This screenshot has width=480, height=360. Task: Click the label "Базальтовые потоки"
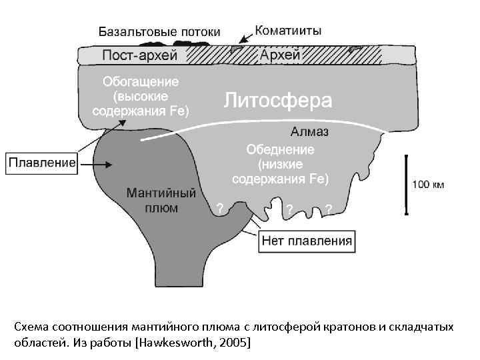pos(159,31)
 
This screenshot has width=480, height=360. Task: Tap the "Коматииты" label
pos(288,31)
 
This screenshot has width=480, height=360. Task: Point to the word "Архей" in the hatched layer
pos(280,55)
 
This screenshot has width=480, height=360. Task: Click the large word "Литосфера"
pos(277,101)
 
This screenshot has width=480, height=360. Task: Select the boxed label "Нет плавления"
pos(307,240)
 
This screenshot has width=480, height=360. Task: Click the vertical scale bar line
pos(406,185)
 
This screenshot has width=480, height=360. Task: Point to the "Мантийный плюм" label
pos(161,200)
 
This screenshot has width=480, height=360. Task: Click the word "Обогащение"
pos(140,82)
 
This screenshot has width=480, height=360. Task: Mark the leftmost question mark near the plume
pos(220,209)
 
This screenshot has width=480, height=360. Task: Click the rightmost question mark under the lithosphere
pos(329,210)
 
